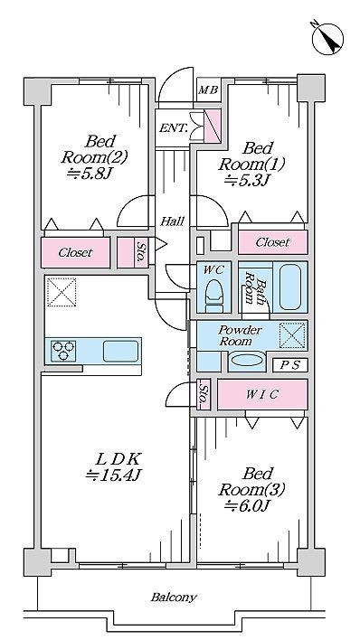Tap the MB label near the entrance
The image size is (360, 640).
click(208, 91)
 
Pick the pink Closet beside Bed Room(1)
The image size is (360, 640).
click(271, 242)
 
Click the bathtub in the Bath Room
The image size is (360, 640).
click(290, 286)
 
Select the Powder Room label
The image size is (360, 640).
click(240, 336)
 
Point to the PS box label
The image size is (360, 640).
click(289, 365)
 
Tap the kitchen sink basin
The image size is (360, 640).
click(120, 351)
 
